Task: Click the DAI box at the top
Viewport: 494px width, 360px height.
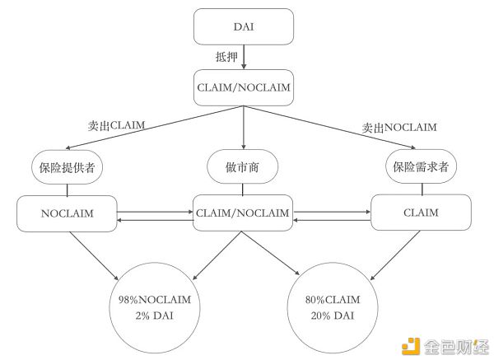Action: [x=244, y=26]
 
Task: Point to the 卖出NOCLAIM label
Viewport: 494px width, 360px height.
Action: [x=399, y=128]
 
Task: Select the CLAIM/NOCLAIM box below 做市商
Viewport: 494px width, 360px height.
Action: [x=244, y=213]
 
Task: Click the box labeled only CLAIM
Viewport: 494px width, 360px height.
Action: [x=422, y=213]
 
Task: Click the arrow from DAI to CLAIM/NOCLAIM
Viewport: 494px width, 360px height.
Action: [x=245, y=58]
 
